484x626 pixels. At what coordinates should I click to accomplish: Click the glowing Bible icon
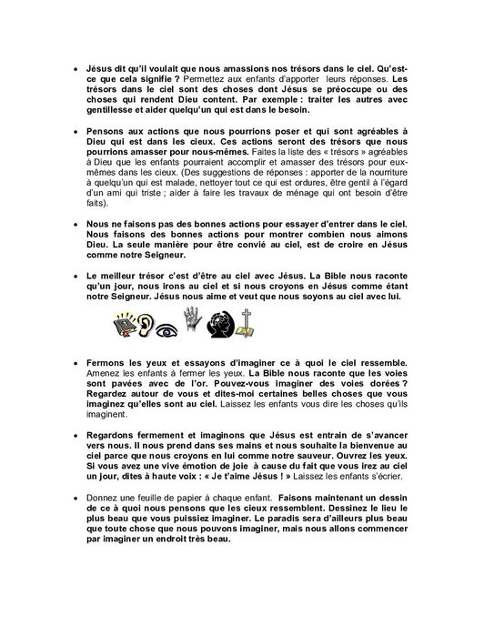coord(123,325)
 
